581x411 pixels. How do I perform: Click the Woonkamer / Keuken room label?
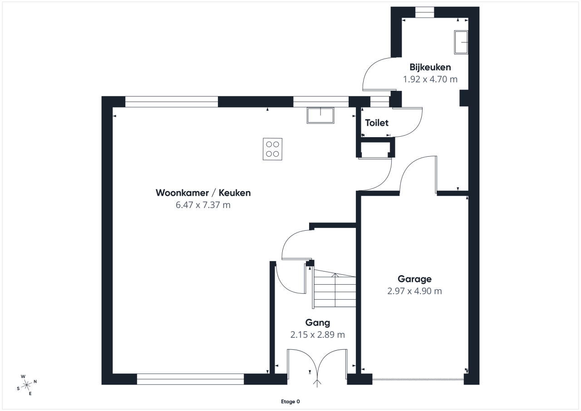point(203,193)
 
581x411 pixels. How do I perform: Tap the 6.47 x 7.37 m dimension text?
point(203,205)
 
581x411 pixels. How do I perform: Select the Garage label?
point(414,279)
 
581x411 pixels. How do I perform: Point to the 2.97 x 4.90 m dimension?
point(414,291)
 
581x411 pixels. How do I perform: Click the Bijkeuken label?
point(430,67)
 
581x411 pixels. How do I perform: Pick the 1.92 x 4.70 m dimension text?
point(430,79)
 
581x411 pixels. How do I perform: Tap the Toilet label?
point(377,123)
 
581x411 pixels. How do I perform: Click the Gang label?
point(317,323)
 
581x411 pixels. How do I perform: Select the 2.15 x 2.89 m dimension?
point(317,335)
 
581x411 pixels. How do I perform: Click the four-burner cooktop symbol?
point(272,149)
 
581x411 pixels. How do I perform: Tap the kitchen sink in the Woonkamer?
point(320,115)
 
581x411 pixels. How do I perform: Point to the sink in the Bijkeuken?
point(461,42)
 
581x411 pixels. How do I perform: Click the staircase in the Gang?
point(335,288)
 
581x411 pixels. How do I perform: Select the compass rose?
point(26,385)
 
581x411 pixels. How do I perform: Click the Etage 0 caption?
point(290,401)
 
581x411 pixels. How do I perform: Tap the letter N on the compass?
point(35,381)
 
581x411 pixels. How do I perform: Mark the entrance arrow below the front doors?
point(317,383)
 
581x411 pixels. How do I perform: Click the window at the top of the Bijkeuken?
point(424,12)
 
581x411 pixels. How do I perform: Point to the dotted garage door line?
point(418,379)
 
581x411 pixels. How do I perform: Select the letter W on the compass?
point(23,376)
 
